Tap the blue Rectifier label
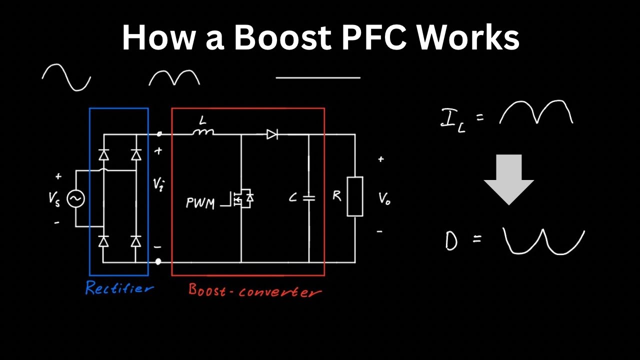tap(119, 288)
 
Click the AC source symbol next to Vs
tap(75, 199)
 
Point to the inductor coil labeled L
tap(203, 132)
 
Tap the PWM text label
tap(200, 203)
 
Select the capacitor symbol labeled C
tap(309, 198)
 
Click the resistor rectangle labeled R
tap(355, 196)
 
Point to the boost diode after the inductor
tap(272, 134)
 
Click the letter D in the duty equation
tap(451, 240)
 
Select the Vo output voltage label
tap(384, 198)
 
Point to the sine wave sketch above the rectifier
tap(66, 77)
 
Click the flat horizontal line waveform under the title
tap(318, 78)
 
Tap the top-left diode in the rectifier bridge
tap(103, 155)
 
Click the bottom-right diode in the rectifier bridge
tap(135, 241)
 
